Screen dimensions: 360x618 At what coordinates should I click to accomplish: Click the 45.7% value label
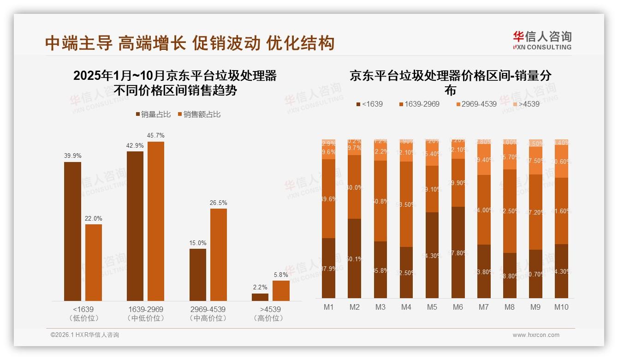(155, 136)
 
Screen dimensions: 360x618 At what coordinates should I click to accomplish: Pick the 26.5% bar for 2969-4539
(219, 254)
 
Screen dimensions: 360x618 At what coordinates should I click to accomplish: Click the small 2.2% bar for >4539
(260, 297)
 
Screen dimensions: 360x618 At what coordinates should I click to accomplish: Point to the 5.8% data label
(281, 275)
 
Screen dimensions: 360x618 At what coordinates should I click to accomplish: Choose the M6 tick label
(458, 307)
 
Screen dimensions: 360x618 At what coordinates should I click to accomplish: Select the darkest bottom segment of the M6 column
(458, 252)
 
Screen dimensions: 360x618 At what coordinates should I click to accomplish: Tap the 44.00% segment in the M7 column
(484, 210)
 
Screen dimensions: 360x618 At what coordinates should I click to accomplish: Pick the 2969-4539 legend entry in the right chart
(475, 104)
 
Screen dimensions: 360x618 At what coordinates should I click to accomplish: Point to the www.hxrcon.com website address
(535, 335)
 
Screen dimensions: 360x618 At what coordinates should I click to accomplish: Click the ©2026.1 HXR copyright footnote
(84, 335)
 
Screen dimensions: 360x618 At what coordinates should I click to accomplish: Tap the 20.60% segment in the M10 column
(561, 162)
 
